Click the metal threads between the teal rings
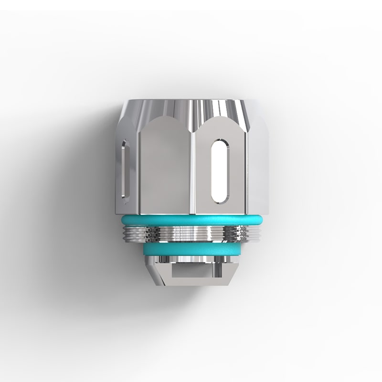191,233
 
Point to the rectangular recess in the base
191,273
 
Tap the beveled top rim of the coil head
191,106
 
